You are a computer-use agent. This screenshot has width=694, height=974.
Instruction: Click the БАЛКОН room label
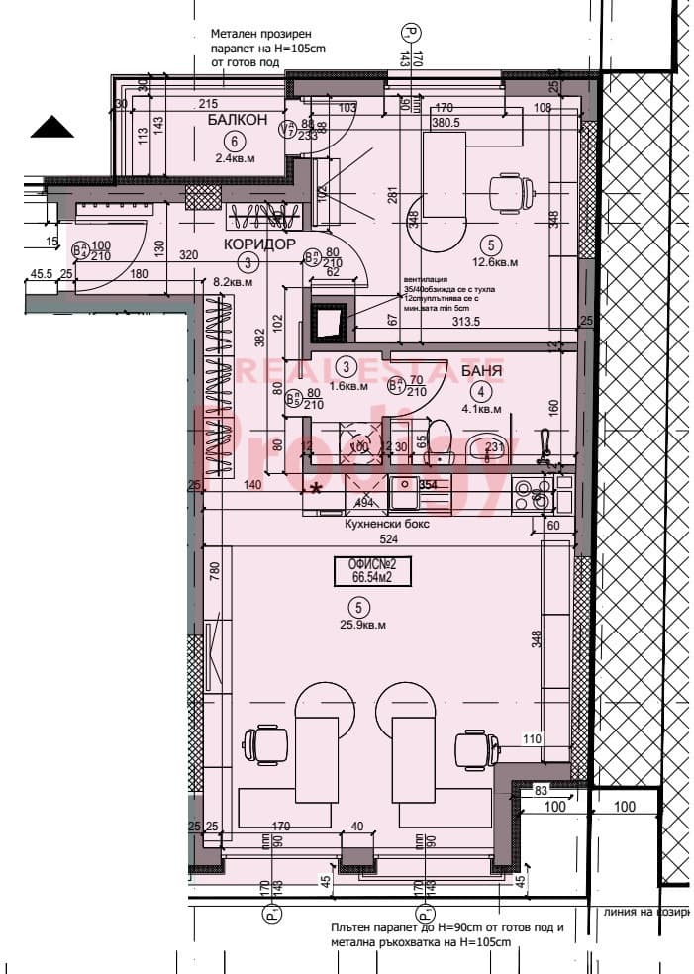click(238, 120)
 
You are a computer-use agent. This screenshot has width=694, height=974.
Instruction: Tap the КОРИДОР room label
click(260, 243)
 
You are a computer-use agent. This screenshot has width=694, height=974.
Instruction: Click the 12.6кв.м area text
click(492, 263)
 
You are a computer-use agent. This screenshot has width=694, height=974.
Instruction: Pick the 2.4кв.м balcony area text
click(235, 157)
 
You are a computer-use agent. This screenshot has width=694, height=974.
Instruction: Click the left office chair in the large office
click(266, 741)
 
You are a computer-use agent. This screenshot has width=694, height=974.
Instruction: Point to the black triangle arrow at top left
click(52, 127)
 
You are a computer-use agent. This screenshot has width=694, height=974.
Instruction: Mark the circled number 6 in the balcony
click(235, 140)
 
